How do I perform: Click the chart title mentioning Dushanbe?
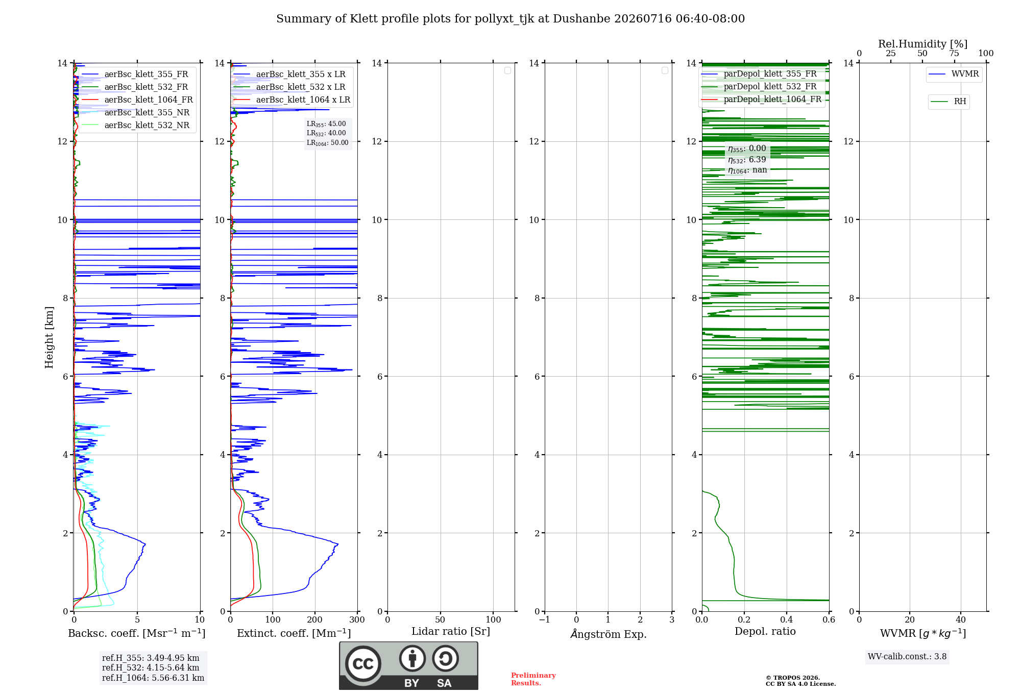tap(510, 19)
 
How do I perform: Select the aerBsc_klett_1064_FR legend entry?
tap(137, 100)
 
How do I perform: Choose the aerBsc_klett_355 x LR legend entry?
tap(289, 74)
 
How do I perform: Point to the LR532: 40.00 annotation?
tap(326, 133)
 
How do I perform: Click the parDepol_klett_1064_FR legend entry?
tap(761, 99)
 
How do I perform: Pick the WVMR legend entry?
tap(954, 74)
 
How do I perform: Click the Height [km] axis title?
tap(49, 337)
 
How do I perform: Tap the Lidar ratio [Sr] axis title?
tap(451, 631)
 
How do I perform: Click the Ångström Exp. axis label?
tap(609, 634)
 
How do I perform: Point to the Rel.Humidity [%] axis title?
tap(923, 44)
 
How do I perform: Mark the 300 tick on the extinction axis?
tap(357, 619)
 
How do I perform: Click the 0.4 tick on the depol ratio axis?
tap(787, 619)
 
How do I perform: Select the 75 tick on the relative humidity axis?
tap(954, 53)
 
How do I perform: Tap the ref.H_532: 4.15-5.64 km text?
tap(151, 667)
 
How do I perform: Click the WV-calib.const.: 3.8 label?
tap(907, 657)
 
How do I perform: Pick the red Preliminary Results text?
tap(533, 679)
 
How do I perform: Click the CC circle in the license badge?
tap(363, 664)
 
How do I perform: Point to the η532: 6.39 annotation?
tap(747, 160)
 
